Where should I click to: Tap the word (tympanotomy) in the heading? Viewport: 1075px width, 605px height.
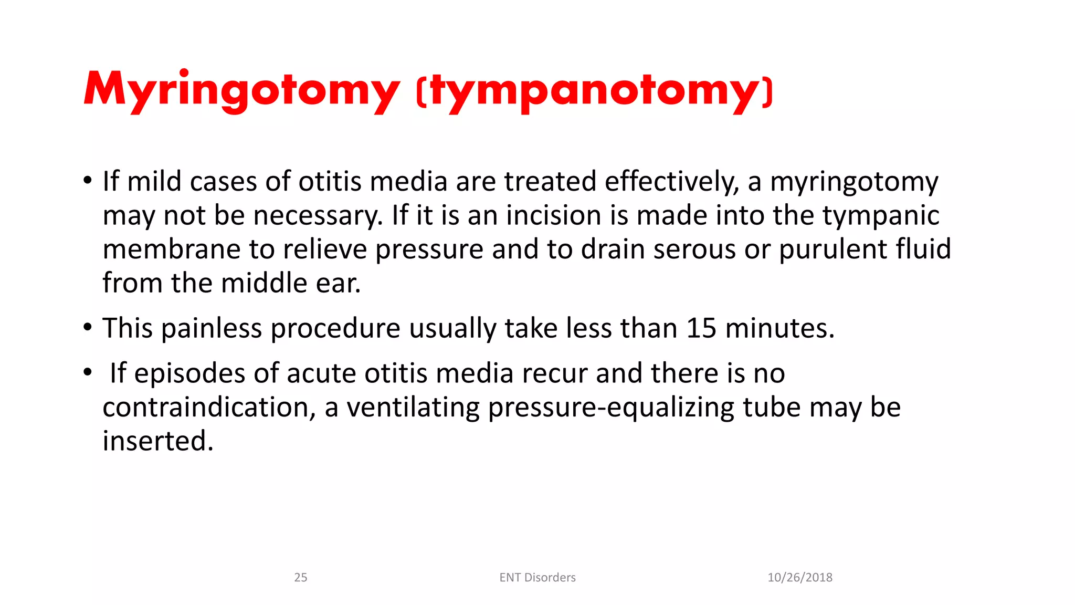[594, 90]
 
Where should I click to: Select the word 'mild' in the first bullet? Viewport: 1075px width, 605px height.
[154, 181]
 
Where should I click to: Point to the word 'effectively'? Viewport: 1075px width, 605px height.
[671, 181]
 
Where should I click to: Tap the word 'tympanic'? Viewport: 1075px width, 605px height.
[880, 215]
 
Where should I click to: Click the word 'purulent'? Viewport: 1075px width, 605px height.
[832, 249]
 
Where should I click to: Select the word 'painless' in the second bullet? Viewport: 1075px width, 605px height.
[211, 328]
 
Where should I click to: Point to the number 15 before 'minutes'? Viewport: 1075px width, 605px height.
[701, 328]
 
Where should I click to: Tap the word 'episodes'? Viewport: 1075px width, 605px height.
[189, 373]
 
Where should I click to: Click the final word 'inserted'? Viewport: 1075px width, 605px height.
[158, 441]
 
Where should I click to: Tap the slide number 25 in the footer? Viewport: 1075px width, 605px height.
[301, 578]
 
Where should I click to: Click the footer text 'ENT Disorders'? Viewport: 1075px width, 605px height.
[537, 578]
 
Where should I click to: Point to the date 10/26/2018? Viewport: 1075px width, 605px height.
[800, 578]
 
